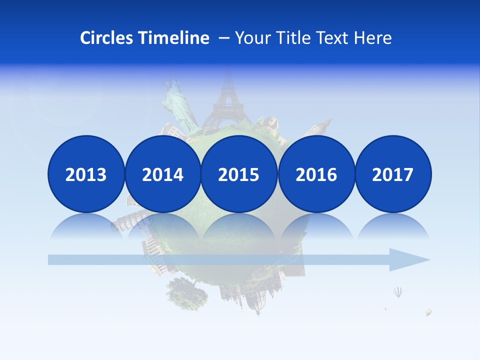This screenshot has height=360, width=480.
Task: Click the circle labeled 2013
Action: [x=86, y=174]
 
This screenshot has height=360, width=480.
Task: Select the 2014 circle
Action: [x=162, y=174]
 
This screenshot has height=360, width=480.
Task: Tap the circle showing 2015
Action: [x=239, y=174]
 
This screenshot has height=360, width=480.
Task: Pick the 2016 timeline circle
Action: [x=316, y=174]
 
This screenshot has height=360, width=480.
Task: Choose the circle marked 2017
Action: [x=392, y=174]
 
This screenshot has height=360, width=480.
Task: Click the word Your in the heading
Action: [x=252, y=38]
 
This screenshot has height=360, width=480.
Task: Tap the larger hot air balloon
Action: [x=398, y=291]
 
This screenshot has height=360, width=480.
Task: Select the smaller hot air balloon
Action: [x=428, y=312]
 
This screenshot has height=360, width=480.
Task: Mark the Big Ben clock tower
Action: [x=320, y=127]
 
